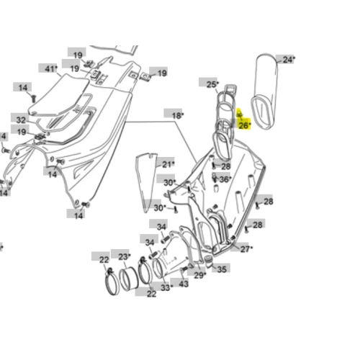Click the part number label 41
[x=50, y=69]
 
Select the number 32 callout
[x=21, y=120]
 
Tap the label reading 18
[x=177, y=115]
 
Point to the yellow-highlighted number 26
[x=244, y=125]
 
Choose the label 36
[x=225, y=179]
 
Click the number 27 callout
[x=246, y=249]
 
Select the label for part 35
[x=222, y=269]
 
